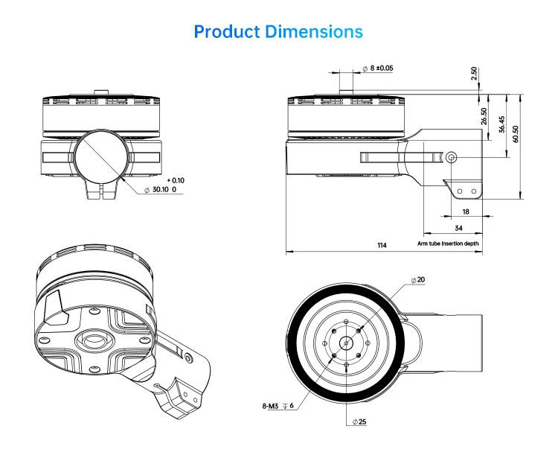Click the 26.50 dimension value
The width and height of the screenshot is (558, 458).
click(x=484, y=116)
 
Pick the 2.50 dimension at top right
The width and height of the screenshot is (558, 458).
click(x=474, y=74)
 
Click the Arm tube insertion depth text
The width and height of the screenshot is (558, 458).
click(x=448, y=244)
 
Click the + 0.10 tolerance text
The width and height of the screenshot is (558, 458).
click(x=176, y=180)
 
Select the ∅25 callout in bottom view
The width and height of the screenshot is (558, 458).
click(x=361, y=422)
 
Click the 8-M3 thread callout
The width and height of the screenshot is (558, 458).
click(x=277, y=405)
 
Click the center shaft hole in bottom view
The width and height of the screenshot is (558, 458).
click(x=346, y=343)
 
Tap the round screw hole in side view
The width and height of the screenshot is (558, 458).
click(x=452, y=157)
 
